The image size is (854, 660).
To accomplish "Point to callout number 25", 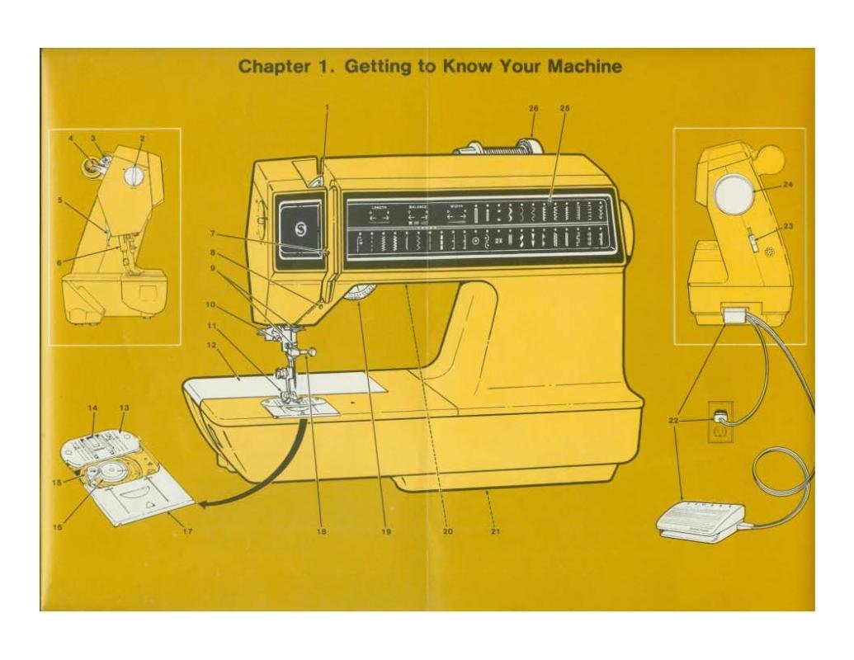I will (x=564, y=108).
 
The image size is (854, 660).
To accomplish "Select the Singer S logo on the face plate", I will (x=300, y=224).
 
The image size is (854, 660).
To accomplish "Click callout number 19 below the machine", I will (x=385, y=532).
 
